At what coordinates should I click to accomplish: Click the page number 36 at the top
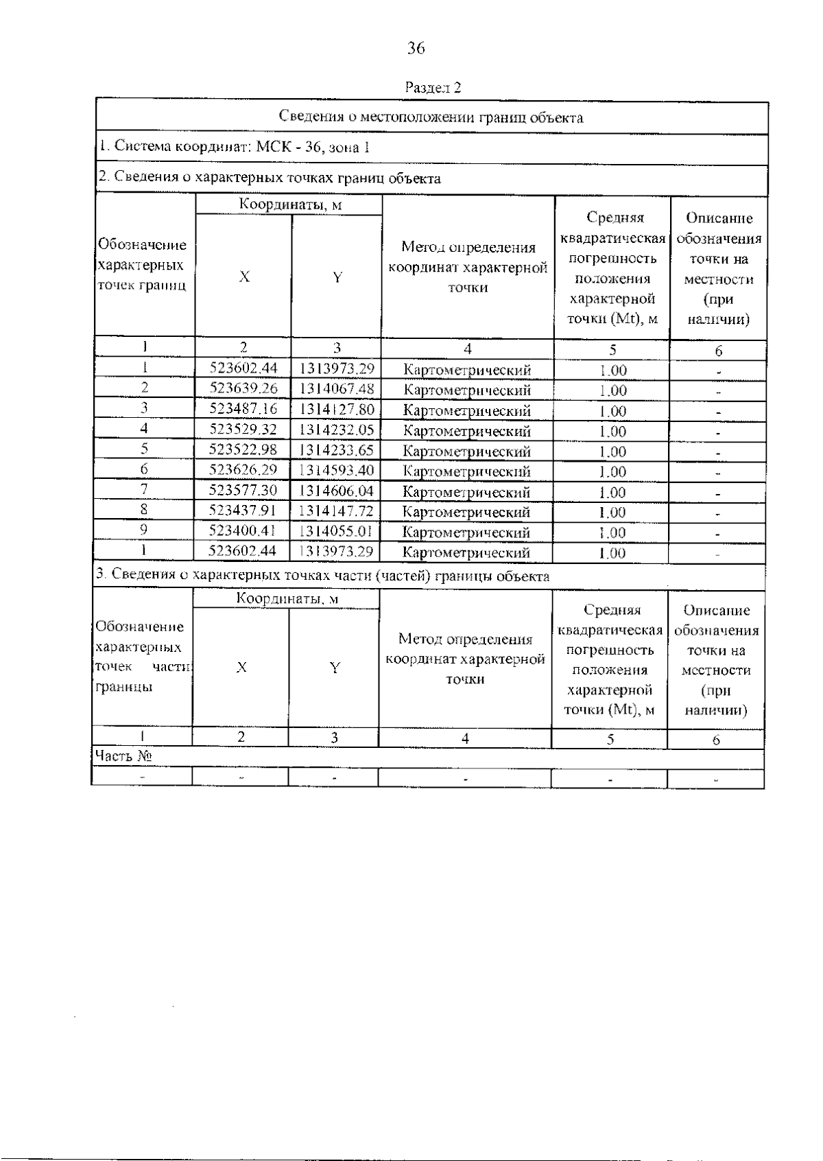[x=416, y=48]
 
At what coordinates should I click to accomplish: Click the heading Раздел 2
[x=433, y=88]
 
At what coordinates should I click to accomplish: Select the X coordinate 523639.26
[x=243, y=389]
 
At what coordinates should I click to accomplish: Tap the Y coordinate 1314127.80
[x=337, y=410]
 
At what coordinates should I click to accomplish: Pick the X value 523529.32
[x=243, y=430]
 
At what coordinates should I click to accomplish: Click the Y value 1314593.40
[x=337, y=471]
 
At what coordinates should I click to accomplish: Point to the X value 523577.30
[x=243, y=491]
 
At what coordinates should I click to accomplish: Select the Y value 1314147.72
[x=337, y=511]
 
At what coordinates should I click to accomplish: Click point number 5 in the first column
[x=145, y=449]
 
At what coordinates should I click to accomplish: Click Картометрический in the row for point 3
[x=466, y=411]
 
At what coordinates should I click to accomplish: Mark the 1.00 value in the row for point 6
[x=612, y=472]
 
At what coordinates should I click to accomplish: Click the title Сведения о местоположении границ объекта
[x=431, y=117]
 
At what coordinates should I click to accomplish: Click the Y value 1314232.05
[x=337, y=430]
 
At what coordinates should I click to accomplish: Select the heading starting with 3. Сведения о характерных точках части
[x=322, y=576]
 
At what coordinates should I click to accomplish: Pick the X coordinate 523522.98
[x=243, y=451]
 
